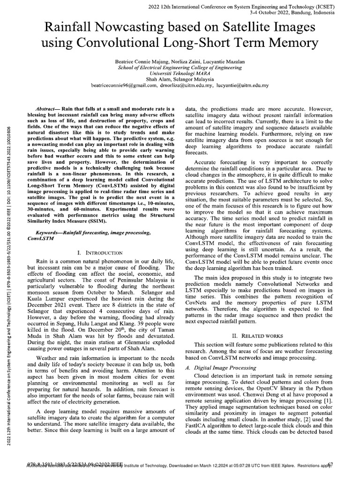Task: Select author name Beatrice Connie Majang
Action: coord(140,61)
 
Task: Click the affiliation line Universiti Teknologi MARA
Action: coord(180,74)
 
